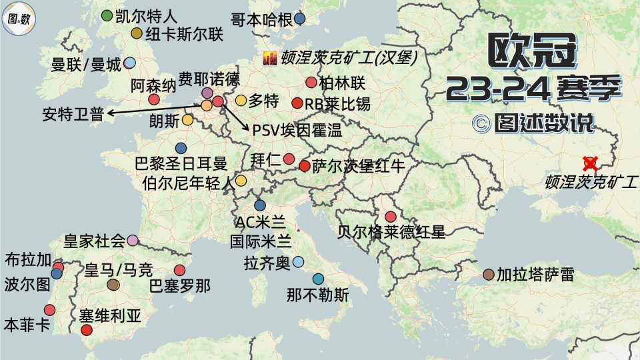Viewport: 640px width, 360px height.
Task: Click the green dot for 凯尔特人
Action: pos(107,16)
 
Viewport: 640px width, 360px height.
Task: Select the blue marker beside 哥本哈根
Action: pos(300,19)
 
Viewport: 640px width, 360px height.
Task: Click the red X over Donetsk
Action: pos(589,162)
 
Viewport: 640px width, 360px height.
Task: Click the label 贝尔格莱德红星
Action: pos(391,232)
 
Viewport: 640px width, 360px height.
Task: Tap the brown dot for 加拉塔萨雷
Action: pos(489,274)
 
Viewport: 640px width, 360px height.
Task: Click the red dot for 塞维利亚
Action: pos(87,330)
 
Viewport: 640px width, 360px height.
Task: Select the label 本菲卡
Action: pos(27,325)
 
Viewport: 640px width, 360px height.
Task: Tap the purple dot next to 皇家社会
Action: pos(133,240)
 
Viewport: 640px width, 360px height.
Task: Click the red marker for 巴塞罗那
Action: pos(179,270)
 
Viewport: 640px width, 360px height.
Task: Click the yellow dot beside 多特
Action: pos(241,101)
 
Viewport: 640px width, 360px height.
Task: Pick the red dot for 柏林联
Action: pos(311,83)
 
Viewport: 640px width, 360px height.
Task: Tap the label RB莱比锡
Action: pos(337,104)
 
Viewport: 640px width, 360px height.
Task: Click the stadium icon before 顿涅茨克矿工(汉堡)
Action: pos(270,59)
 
